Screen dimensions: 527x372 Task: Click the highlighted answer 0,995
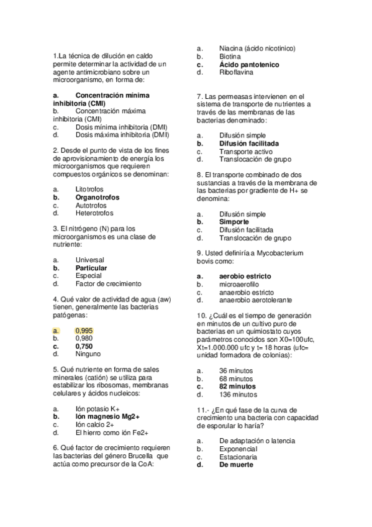tap(84, 331)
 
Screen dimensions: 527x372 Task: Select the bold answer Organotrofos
tap(98, 197)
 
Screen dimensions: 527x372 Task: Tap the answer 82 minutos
tap(237, 386)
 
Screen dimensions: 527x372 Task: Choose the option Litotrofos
tap(89, 189)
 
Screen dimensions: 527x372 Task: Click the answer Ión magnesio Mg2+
tap(107, 416)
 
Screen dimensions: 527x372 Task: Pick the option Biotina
tap(230, 57)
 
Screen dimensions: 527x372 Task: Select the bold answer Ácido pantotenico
tap(249, 65)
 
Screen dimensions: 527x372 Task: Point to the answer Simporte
tap(234, 221)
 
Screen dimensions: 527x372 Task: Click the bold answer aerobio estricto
tap(245, 276)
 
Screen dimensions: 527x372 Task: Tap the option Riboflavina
tap(236, 73)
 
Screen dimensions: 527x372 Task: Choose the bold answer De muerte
tap(237, 464)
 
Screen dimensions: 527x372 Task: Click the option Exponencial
tap(238, 449)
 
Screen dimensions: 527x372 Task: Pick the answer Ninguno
tap(88, 354)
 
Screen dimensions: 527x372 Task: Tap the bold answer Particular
tap(91, 268)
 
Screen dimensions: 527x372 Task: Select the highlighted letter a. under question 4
tap(56, 331)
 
